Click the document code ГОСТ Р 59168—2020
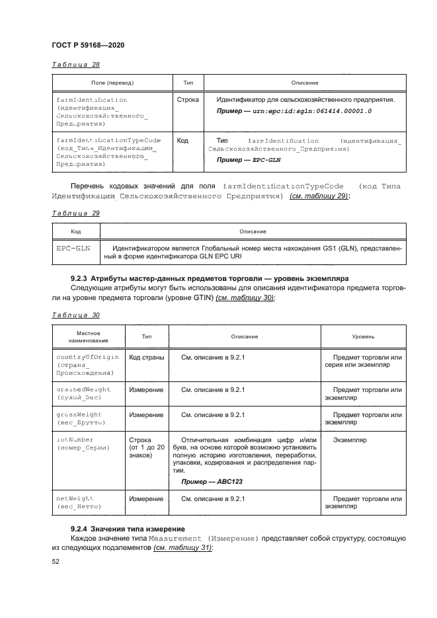tap(88, 44)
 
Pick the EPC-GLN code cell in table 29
tap(74, 248)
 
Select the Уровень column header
tap(363, 336)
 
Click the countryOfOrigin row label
tap(87, 357)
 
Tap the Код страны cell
tap(147, 358)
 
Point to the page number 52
tap(56, 562)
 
